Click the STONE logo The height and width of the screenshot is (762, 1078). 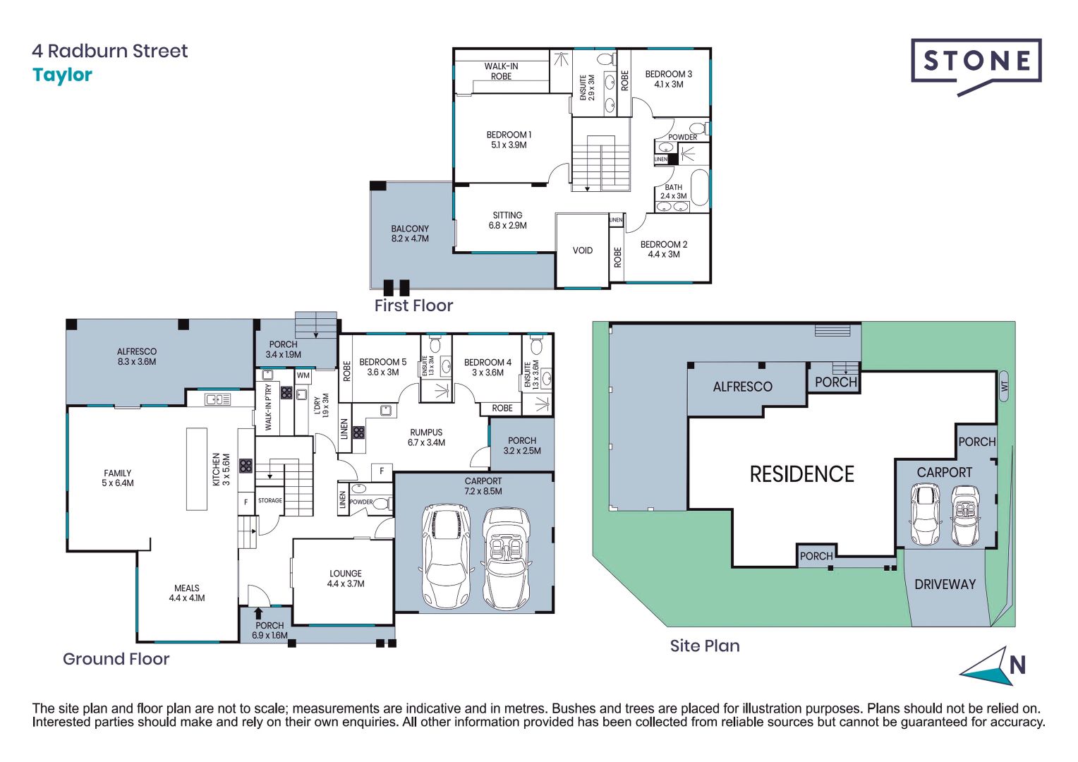pos(976,62)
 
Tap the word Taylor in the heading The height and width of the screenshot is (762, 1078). pos(62,75)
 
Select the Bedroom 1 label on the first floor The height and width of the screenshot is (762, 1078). pos(509,140)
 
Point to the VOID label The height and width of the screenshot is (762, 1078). pos(582,250)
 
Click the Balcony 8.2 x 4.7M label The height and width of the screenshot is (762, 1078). pos(410,234)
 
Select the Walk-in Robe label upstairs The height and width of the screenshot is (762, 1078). pos(501,71)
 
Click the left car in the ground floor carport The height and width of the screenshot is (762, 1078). pos(446,555)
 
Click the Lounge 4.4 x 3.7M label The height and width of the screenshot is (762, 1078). pos(345,579)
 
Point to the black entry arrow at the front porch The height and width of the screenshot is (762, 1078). pos(258,614)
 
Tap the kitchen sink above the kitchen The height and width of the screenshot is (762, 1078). pos(217,399)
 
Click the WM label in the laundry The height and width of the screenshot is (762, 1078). pos(303,375)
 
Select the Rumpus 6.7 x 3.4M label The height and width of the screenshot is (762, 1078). pos(426,437)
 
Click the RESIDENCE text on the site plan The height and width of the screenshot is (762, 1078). pos(801,474)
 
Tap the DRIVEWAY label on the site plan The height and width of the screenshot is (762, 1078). pos(945,584)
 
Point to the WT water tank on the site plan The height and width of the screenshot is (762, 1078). pos(1004,386)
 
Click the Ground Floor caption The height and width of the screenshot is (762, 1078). pos(116,659)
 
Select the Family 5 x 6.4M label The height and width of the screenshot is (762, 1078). pos(118,478)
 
